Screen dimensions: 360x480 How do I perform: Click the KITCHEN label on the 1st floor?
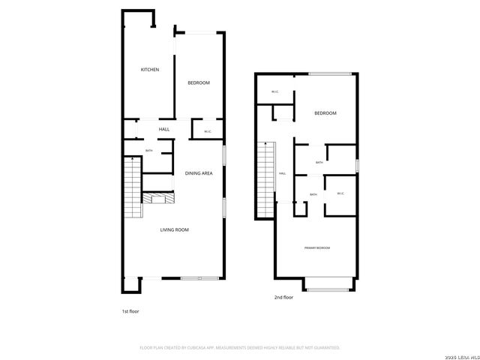[x=150, y=70]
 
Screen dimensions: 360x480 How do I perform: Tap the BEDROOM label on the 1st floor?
[x=199, y=82]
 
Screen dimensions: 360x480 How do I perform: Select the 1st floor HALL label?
[x=164, y=129]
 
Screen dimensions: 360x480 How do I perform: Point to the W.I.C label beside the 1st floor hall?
[x=207, y=132]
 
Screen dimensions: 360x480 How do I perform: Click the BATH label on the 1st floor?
[x=148, y=151]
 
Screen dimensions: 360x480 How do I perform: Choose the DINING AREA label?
[x=199, y=173]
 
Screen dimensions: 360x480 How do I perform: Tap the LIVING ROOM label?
[x=174, y=229]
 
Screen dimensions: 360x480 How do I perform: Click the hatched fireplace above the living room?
[x=160, y=198]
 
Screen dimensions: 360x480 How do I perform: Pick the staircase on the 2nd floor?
[x=266, y=178]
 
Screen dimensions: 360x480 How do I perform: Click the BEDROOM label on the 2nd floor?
[x=325, y=113]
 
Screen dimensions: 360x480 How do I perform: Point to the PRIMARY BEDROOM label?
[x=317, y=247]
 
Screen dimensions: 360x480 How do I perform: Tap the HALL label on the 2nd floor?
[x=283, y=173]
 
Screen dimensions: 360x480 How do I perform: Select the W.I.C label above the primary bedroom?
[x=340, y=193]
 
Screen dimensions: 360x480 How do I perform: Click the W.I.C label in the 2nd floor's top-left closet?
[x=274, y=92]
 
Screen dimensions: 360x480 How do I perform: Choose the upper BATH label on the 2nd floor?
[x=319, y=163]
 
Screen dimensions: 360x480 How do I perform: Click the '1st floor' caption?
[x=130, y=310]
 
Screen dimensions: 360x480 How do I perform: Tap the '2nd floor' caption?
[x=283, y=297]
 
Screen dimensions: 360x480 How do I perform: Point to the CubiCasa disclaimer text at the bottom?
[x=240, y=348]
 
